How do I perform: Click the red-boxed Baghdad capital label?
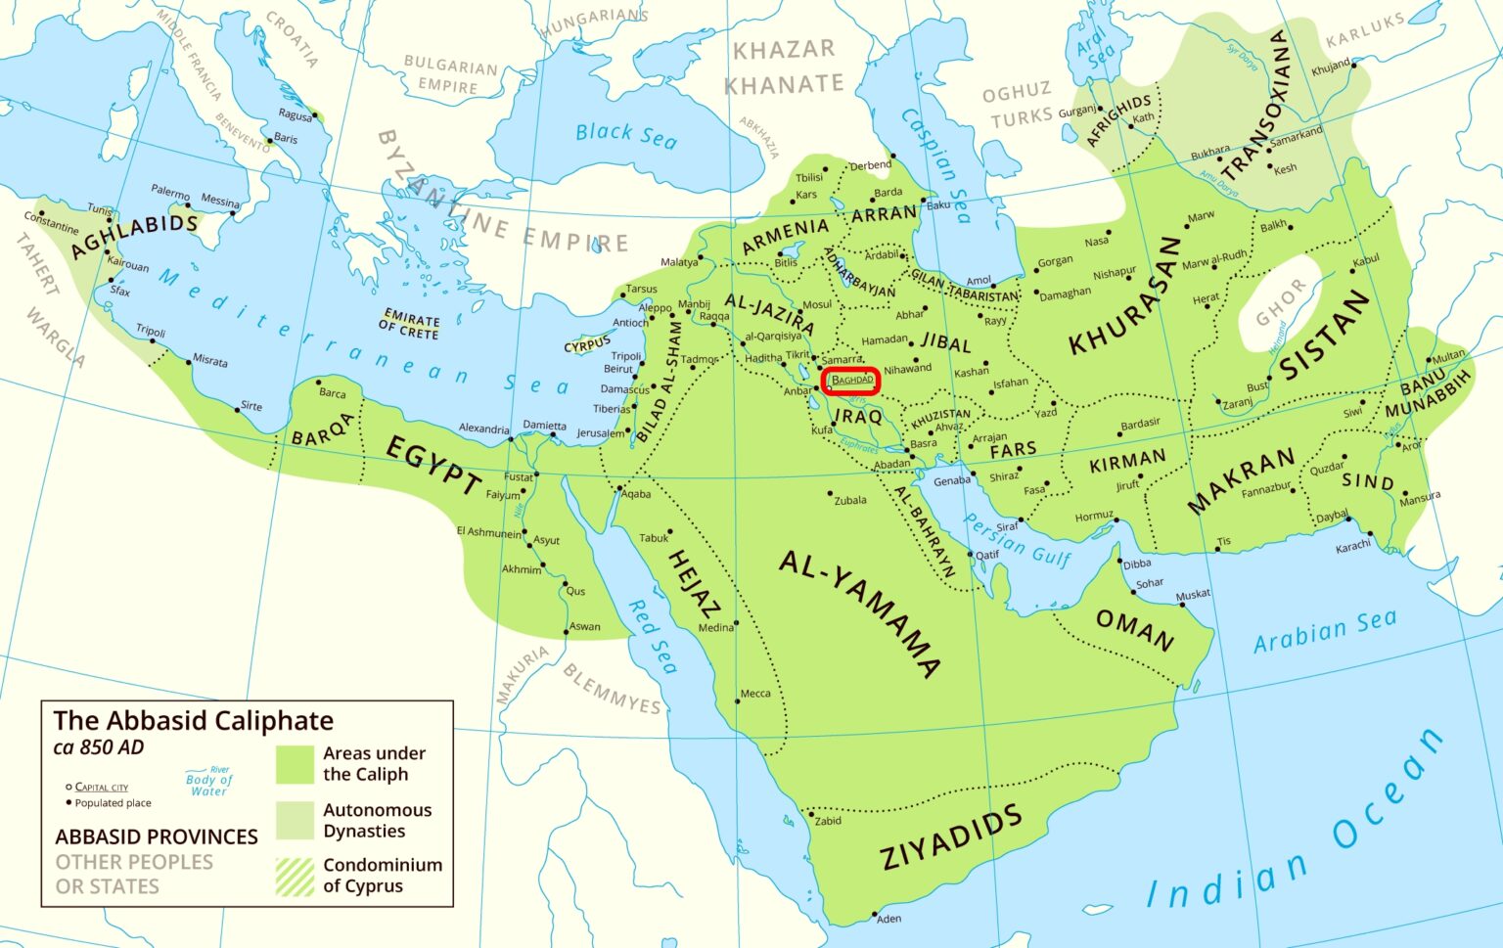(851, 380)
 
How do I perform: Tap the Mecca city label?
(754, 694)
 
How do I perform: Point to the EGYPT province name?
(433, 465)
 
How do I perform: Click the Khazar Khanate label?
(784, 67)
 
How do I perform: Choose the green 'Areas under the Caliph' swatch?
(295, 764)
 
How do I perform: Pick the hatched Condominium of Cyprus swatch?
(295, 877)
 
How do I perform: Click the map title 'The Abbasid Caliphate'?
(193, 721)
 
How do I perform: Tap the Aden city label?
(888, 919)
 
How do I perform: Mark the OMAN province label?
(1134, 630)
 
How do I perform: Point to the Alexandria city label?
(483, 429)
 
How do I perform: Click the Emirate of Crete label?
(411, 325)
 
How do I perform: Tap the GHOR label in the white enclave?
(1281, 301)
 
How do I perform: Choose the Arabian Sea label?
(1325, 631)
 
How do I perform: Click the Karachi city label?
(1352, 547)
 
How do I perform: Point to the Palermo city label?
(170, 192)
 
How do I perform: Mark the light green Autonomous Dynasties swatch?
(295, 820)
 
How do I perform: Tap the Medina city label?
(715, 628)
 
